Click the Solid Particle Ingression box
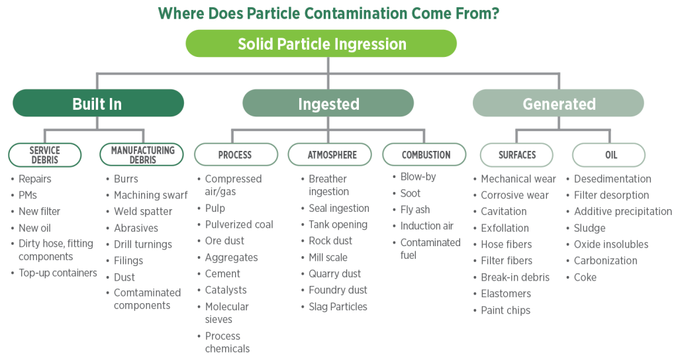[x=322, y=44]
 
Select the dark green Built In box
[x=97, y=103]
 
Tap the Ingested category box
[x=328, y=103]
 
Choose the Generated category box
[x=559, y=103]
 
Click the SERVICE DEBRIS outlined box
[x=45, y=155]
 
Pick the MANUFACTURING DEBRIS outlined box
[x=142, y=155]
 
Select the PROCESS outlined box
[x=235, y=155]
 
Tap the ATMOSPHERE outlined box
[x=332, y=155]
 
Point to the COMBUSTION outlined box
[x=426, y=155]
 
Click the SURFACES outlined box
[x=516, y=155]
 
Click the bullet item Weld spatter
[x=143, y=212]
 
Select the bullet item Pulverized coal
[x=238, y=225]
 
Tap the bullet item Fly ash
[x=415, y=210]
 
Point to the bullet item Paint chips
[x=505, y=310]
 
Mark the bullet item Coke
[x=585, y=277]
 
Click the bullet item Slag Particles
[x=338, y=306]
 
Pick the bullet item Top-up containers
[x=58, y=273]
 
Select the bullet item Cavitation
[x=504, y=212]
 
